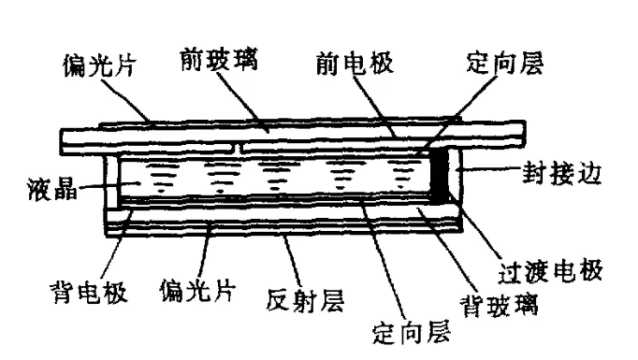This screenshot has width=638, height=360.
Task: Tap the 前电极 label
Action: (353, 64)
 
